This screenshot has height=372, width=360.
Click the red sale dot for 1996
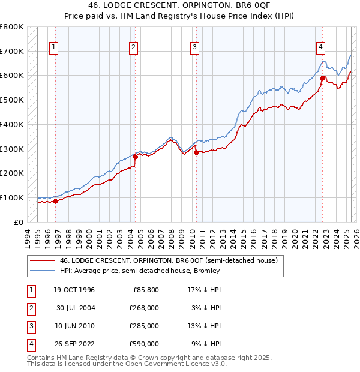(x=56, y=201)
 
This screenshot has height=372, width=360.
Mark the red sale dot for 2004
(x=135, y=157)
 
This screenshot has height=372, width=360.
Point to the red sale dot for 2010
(x=196, y=152)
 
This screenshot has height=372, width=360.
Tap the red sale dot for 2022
(x=322, y=77)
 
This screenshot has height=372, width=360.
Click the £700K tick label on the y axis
(x=13, y=51)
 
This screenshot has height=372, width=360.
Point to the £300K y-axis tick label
(x=13, y=149)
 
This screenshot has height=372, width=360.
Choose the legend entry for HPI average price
(x=140, y=271)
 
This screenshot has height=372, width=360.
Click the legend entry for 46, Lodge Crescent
(x=168, y=261)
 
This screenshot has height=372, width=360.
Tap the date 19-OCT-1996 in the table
(x=74, y=290)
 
